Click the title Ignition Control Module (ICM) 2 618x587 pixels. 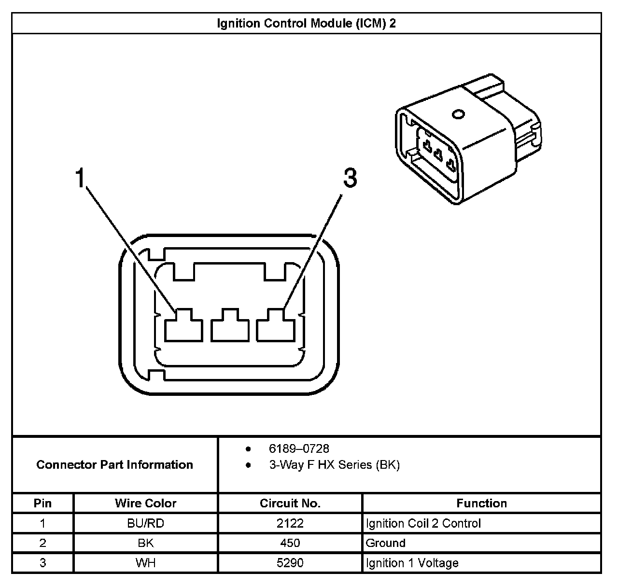tap(306, 23)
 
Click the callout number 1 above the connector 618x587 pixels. tap(80, 178)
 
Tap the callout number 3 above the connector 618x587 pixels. tap(350, 178)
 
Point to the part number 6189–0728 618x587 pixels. tap(299, 448)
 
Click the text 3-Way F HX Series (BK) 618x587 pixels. tap(334, 465)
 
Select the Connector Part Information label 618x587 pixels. tap(115, 465)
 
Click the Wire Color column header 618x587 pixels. tap(145, 503)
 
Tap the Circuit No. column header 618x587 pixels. tap(290, 503)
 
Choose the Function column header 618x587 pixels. tap(481, 503)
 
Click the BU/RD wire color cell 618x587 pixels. tap(145, 523)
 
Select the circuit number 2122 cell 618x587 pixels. tap(290, 523)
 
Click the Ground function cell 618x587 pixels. tap(386, 543)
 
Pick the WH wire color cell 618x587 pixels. tap(145, 563)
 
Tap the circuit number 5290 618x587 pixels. tap(290, 563)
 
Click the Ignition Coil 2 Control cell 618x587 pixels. tap(423, 523)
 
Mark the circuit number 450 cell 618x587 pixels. tap(290, 543)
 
